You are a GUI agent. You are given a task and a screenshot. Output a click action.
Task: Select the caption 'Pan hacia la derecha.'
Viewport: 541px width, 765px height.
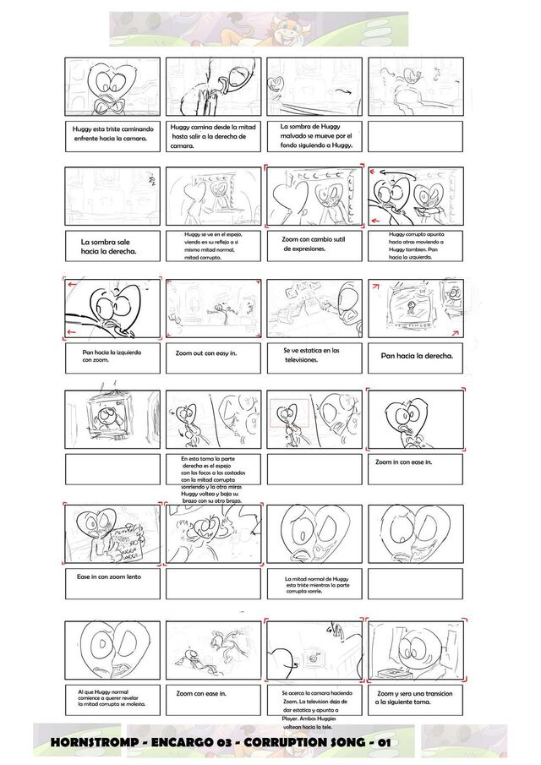(417, 357)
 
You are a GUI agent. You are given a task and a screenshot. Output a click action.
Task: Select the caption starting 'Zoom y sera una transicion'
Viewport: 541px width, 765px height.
(415, 697)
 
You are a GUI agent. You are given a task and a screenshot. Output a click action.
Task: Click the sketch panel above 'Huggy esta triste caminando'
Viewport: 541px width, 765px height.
(112, 87)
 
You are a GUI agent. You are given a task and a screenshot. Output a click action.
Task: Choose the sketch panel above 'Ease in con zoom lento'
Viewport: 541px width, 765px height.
(112, 534)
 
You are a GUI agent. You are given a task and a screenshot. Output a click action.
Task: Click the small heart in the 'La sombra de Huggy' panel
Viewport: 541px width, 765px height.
(275, 82)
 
